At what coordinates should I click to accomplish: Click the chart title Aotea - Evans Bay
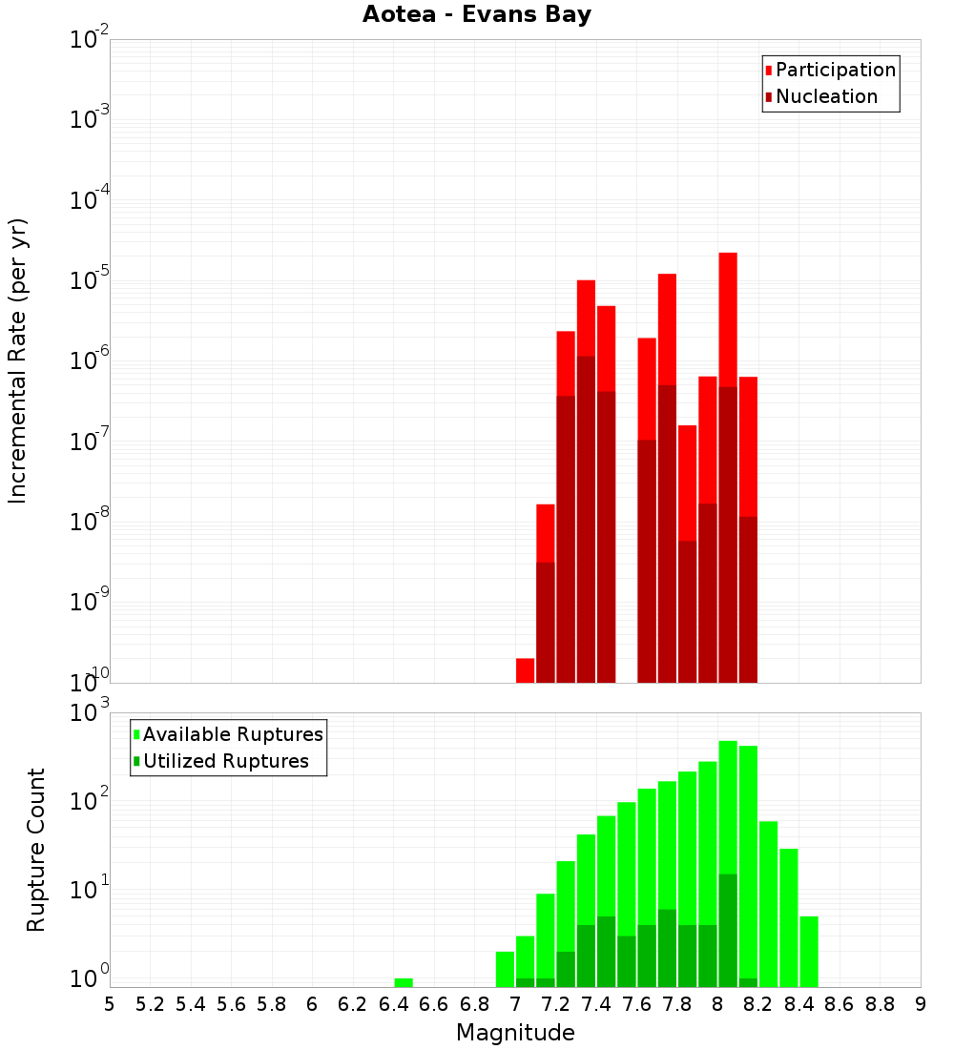click(x=477, y=14)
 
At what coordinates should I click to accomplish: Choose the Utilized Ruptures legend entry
click(x=225, y=761)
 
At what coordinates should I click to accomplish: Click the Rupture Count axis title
click(x=36, y=850)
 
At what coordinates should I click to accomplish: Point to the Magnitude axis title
click(x=515, y=1033)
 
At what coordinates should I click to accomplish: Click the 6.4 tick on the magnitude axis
click(x=393, y=1004)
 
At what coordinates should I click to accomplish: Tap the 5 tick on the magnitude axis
click(x=110, y=1004)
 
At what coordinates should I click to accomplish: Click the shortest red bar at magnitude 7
click(x=525, y=670)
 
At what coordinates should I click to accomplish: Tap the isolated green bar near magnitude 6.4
click(x=404, y=982)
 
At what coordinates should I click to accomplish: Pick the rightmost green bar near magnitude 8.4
click(x=809, y=951)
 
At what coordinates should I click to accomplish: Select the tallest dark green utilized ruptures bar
click(x=728, y=930)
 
